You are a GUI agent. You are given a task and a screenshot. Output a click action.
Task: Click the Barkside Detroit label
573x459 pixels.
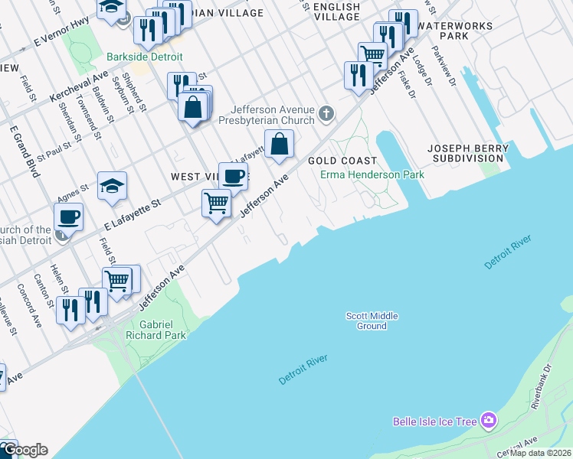pyautogui.click(x=145, y=57)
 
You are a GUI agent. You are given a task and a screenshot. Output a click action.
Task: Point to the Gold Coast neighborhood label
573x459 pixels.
pyautogui.click(x=342, y=161)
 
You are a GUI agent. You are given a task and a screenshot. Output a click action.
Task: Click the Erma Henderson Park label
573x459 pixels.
pyautogui.click(x=372, y=174)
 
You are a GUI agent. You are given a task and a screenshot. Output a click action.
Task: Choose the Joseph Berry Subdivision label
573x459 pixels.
pyautogui.click(x=467, y=153)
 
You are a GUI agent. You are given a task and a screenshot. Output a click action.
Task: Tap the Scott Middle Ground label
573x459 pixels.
pyautogui.click(x=372, y=321)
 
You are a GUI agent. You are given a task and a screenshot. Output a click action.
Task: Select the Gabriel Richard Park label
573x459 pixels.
pyautogui.click(x=159, y=330)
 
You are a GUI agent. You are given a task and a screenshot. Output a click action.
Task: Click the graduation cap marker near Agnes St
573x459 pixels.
pyautogui.click(x=113, y=186)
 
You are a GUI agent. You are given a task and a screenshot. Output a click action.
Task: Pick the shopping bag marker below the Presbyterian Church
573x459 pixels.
pyautogui.click(x=280, y=143)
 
